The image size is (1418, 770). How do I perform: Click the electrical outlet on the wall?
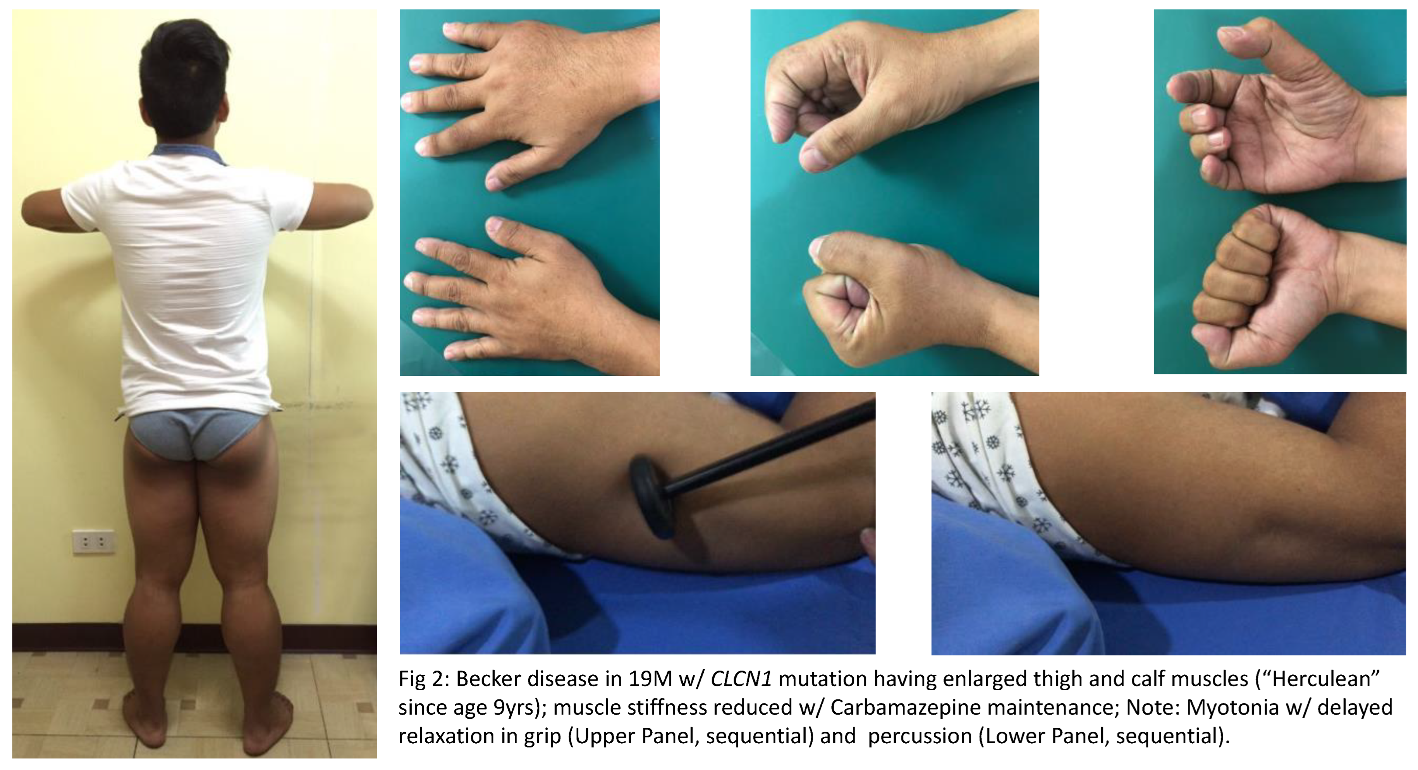point(94,542)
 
